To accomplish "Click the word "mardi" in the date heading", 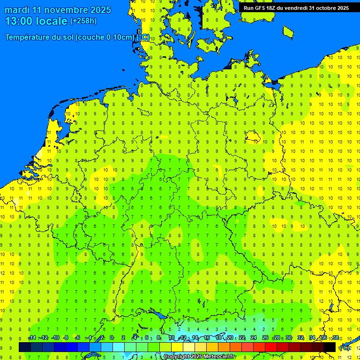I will point(16,10).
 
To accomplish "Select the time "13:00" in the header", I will point(19,21).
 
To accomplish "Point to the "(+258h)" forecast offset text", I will point(83,21).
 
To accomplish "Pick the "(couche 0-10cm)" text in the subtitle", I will point(105,37).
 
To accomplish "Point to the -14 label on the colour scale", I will point(32,338).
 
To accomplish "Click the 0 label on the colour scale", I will point(112,338).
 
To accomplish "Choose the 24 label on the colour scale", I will point(254,338).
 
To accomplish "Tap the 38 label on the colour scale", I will point(336,338).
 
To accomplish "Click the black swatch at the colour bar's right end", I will point(330,347).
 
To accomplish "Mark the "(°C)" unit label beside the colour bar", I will point(345,347).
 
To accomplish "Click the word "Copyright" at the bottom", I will point(177,357).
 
